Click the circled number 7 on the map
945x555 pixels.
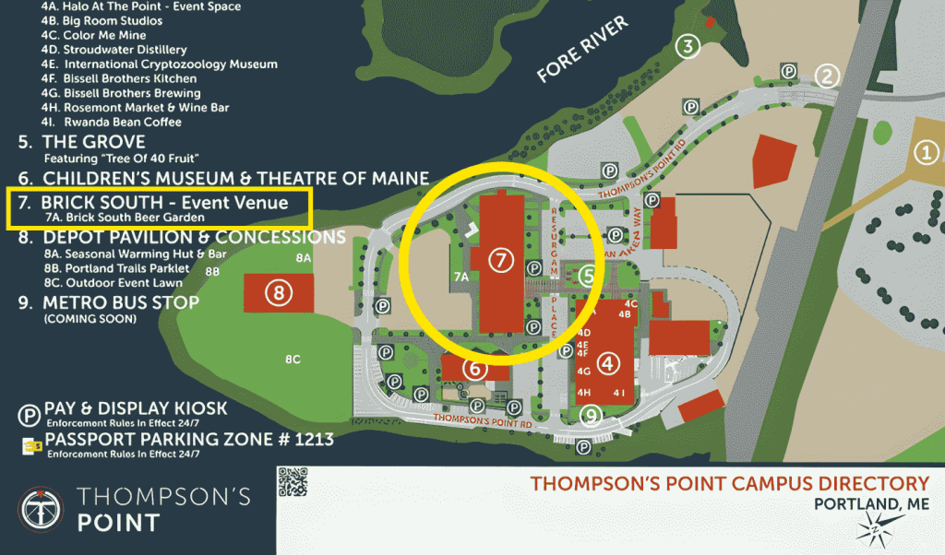(500, 261)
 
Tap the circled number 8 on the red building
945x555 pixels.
(278, 293)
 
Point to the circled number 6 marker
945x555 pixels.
(474, 369)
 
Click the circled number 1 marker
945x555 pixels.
(925, 153)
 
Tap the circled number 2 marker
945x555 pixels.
(828, 76)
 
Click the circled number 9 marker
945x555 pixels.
(592, 417)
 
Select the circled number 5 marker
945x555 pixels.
(587, 275)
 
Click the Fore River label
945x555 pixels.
(582, 52)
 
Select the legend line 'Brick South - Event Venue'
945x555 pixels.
(165, 202)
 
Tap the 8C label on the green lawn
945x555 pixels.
(293, 360)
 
